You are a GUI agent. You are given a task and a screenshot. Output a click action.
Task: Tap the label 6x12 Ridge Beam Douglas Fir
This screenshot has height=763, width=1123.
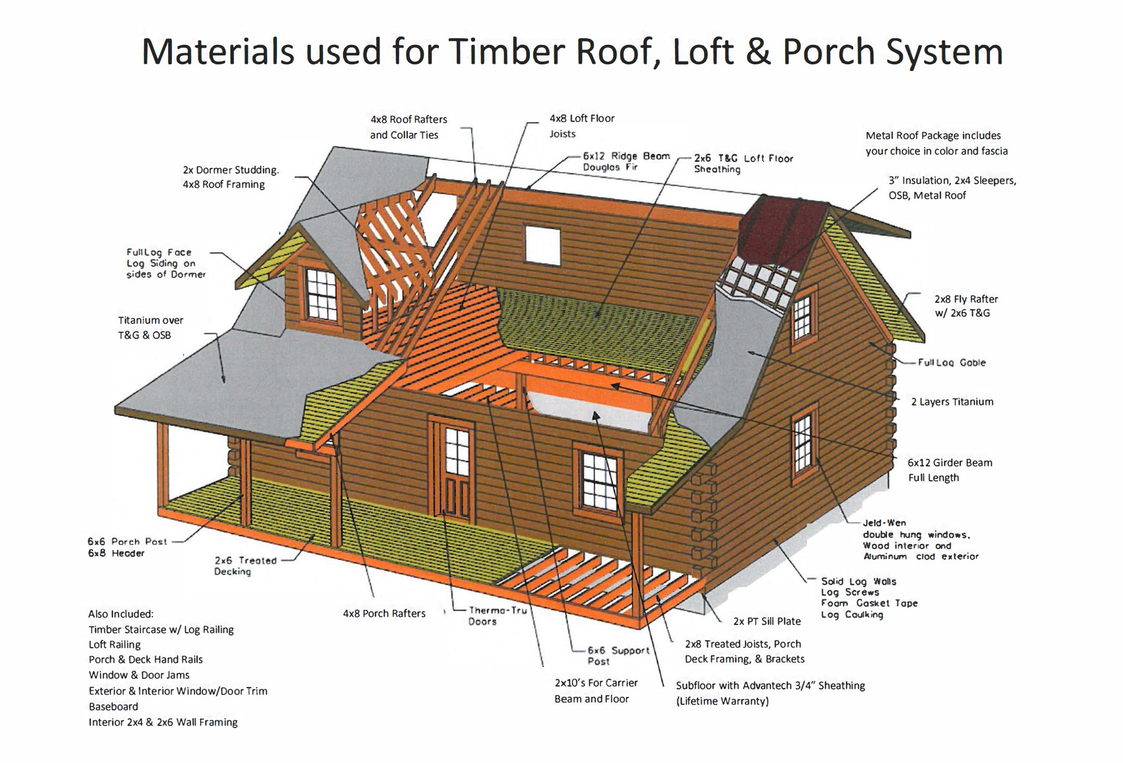coord(626,161)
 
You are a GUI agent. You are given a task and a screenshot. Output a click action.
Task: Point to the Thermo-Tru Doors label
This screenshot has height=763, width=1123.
coord(497,616)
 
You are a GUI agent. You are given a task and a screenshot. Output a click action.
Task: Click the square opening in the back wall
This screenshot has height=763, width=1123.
coord(542,244)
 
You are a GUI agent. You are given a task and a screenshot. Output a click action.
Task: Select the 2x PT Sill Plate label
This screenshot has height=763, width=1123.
coord(767,621)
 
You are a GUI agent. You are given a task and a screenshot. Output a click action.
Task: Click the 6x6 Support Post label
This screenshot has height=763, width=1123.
coord(617,655)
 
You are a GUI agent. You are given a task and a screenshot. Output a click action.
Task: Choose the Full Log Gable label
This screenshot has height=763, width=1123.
coord(951,363)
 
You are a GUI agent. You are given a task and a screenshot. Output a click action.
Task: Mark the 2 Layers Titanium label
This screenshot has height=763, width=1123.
coord(952,401)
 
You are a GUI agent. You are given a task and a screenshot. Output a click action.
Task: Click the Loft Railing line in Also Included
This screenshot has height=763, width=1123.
coord(115,644)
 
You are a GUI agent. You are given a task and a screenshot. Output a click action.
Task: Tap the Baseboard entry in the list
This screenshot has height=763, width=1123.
coord(114,706)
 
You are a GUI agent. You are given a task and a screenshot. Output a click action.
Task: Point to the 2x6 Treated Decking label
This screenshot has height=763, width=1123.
coord(245,566)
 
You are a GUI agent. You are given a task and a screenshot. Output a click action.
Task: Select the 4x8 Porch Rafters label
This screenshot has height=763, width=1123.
coord(384,613)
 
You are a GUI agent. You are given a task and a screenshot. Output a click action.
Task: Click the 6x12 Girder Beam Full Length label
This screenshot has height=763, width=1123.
coord(950,470)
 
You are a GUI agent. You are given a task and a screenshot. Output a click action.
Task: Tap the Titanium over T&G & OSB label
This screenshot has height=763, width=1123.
coord(150,327)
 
